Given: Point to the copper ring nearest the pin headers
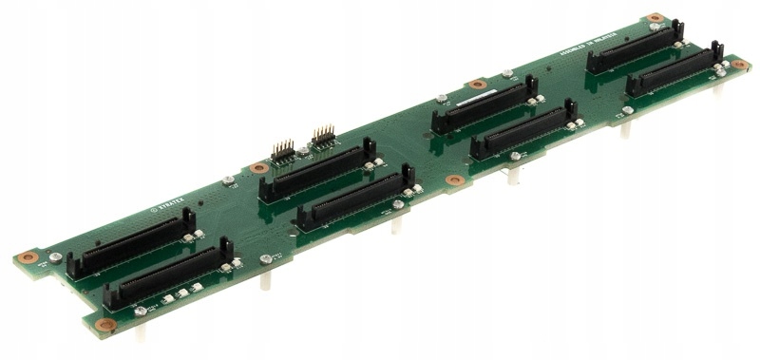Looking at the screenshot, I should pyautogui.click(x=257, y=168).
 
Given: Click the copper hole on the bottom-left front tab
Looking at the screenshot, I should pyautogui.click(x=105, y=325).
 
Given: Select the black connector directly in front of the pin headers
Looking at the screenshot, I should pyautogui.click(x=317, y=171).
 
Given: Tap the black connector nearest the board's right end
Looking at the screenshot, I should pyautogui.click(x=674, y=71).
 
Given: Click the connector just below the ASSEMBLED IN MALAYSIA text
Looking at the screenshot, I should pyautogui.click(x=635, y=47).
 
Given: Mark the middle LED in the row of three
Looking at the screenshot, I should pyautogui.click(x=180, y=294).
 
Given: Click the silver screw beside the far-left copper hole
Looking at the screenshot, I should pyautogui.click(x=55, y=257).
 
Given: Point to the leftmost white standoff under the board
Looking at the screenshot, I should pyautogui.click(x=140, y=332).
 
